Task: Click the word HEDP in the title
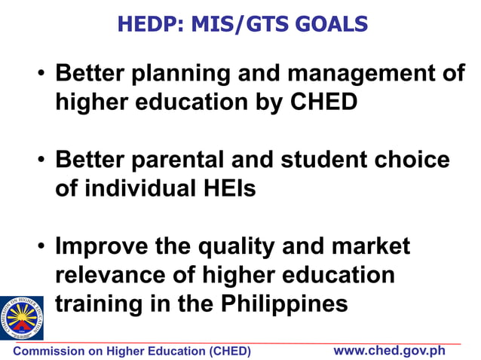pyautogui.click(x=145, y=24)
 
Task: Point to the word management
pyautogui.click(x=356, y=74)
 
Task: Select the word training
pyautogui.click(x=101, y=304)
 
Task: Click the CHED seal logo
pyautogui.click(x=21, y=317)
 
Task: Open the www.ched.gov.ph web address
pyautogui.click(x=390, y=351)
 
